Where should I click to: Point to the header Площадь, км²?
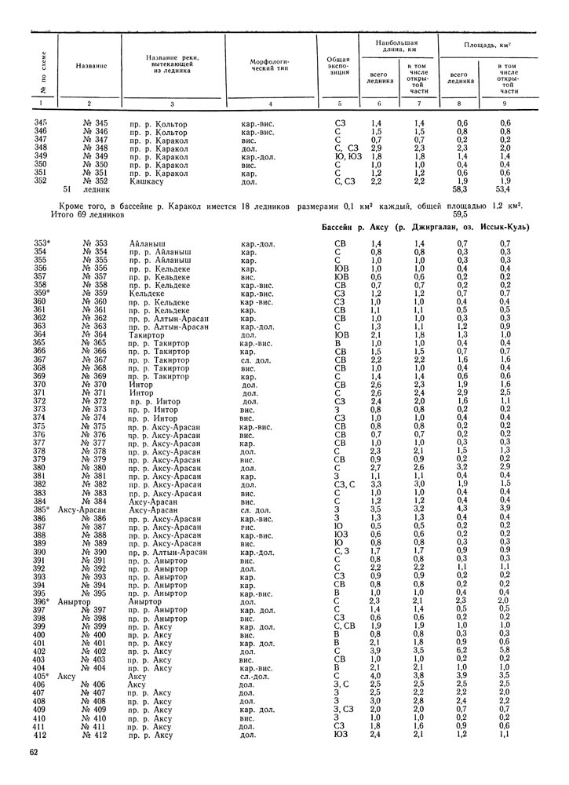click(x=491, y=46)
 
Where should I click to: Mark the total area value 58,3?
click(x=461, y=189)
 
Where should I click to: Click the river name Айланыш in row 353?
click(x=147, y=244)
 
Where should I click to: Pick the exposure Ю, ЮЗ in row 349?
click(x=345, y=156)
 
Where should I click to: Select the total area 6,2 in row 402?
click(x=461, y=650)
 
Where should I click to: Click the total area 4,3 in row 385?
click(x=461, y=509)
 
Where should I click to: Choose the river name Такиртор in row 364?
click(x=148, y=334)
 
